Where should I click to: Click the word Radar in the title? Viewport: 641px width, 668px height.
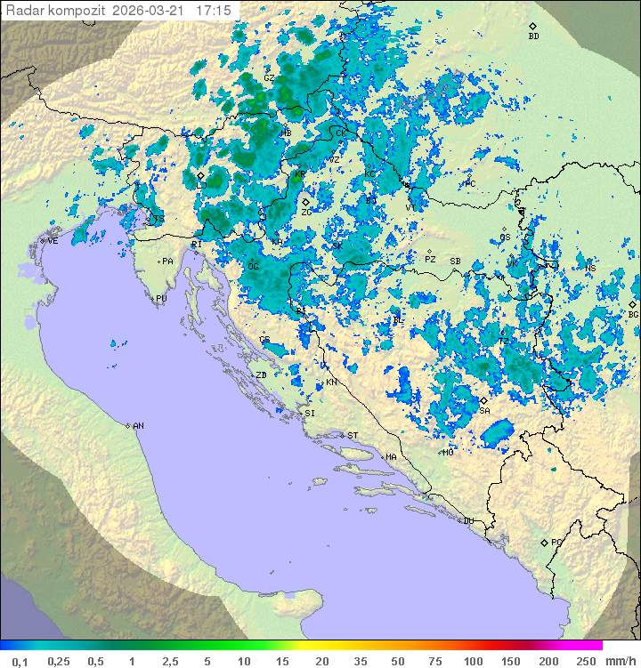[25, 11]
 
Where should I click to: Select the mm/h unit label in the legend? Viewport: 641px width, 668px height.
[618, 661]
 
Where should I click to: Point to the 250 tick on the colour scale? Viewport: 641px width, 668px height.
[586, 661]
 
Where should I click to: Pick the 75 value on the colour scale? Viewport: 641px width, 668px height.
[435, 661]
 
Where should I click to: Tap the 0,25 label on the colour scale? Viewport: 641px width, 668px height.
[59, 661]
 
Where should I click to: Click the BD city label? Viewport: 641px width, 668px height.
[533, 36]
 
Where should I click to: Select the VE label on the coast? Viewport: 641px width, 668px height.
[53, 241]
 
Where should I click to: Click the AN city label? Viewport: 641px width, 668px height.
[138, 426]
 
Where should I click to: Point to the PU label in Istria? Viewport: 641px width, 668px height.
[161, 300]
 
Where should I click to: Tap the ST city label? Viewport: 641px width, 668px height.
[353, 436]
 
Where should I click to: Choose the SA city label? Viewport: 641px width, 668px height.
[484, 411]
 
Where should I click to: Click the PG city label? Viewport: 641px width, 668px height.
[556, 543]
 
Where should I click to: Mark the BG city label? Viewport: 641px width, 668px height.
[633, 314]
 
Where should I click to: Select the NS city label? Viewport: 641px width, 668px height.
[590, 268]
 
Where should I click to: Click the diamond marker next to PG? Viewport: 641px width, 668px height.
[544, 542]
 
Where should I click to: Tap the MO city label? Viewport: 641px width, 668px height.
[449, 453]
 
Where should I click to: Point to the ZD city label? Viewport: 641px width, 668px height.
[262, 375]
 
